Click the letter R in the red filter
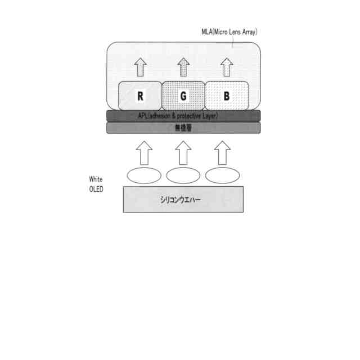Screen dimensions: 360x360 (x=140, y=96)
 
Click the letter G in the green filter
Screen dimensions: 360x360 (x=183, y=96)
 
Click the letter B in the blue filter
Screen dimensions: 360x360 (x=227, y=96)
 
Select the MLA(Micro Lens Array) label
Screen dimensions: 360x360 (x=229, y=32)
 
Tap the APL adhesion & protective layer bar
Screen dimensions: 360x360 (x=183, y=115)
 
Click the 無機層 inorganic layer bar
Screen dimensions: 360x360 (x=183, y=128)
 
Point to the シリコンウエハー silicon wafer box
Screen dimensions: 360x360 (x=183, y=199)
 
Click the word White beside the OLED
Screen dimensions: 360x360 (x=96, y=179)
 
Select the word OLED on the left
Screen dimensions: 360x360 (x=96, y=189)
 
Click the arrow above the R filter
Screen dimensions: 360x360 (x=141, y=67)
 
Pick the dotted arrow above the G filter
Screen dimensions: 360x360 (x=183, y=67)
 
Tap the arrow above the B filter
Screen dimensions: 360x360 (x=227, y=67)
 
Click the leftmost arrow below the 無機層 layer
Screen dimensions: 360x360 (x=145, y=152)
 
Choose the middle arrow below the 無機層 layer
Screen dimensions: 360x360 (x=183, y=152)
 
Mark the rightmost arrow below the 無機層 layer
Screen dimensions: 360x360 (x=223, y=152)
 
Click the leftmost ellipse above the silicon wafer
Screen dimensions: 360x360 (x=144, y=175)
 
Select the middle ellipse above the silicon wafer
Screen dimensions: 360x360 (x=183, y=175)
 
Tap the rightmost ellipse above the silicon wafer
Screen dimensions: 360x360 (x=223, y=175)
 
